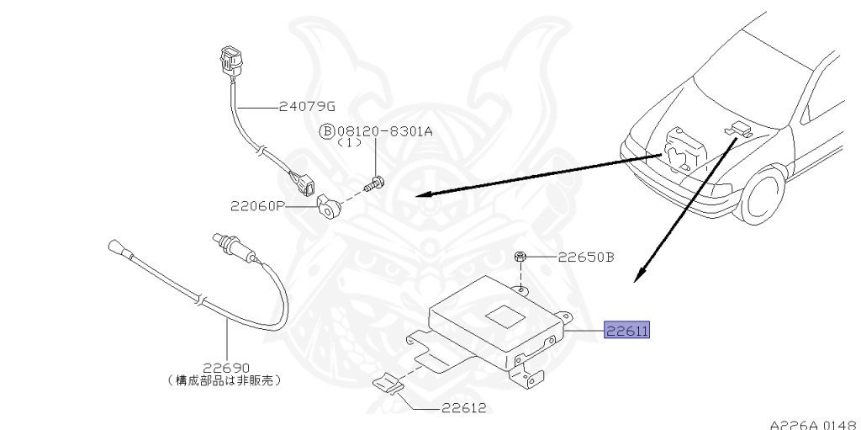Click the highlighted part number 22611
626,332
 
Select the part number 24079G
307,106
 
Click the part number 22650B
587,257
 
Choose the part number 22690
225,366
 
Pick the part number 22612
463,408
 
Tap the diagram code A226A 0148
813,423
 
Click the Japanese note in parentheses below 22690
225,380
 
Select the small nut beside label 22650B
521,257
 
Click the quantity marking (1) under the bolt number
348,143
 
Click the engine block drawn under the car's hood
686,148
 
